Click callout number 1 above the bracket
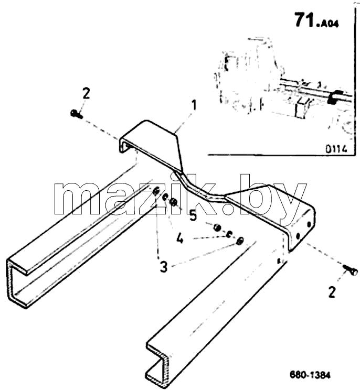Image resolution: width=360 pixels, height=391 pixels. point(194,106)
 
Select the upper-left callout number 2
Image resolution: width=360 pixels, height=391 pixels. point(85,93)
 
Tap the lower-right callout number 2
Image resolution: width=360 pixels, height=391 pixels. point(332,292)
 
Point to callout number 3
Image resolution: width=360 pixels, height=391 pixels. point(164,267)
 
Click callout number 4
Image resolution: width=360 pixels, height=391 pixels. point(179,238)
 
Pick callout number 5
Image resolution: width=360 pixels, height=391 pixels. point(193,215)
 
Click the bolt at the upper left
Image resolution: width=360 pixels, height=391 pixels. point(77,114)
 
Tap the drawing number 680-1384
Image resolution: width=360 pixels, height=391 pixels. point(310,375)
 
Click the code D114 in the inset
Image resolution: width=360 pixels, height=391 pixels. point(336,149)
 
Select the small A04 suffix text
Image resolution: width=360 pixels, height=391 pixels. point(328,24)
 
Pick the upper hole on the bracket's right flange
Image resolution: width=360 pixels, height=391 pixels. point(309,224)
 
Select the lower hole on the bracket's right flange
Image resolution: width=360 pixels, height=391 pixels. point(298,235)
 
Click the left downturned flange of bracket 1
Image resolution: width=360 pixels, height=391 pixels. point(123,146)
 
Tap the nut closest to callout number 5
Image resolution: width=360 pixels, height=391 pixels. point(173,201)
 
